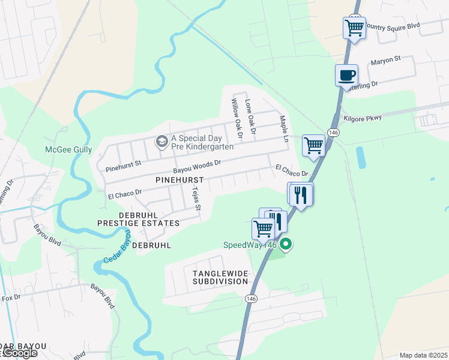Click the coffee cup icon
click(x=346, y=76)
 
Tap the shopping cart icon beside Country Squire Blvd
click(x=354, y=27)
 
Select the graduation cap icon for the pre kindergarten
click(x=161, y=142)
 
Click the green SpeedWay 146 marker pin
click(x=286, y=245)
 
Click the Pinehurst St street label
click(x=123, y=163)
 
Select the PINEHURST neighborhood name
click(x=179, y=179)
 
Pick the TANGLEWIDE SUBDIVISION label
click(x=220, y=277)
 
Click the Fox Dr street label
click(x=12, y=298)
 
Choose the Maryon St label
click(x=385, y=60)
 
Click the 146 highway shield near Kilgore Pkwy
click(x=333, y=132)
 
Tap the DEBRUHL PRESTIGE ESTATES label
click(x=140, y=219)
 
